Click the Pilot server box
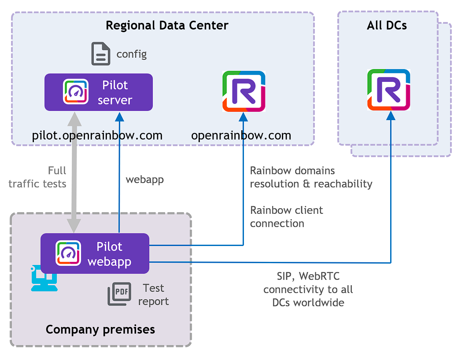click(x=99, y=92)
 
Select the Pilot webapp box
click(x=95, y=254)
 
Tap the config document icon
click(x=101, y=54)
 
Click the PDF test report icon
click(x=119, y=294)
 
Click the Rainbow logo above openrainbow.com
click(x=244, y=92)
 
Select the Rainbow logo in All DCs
click(x=389, y=90)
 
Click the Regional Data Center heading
click(x=167, y=25)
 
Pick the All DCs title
click(x=387, y=25)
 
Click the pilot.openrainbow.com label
click(x=97, y=135)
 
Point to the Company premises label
click(x=100, y=329)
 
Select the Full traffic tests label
click(x=38, y=177)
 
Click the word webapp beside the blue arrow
click(x=144, y=180)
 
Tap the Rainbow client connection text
click(x=286, y=217)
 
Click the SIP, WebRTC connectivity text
click(x=308, y=289)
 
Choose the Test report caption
click(x=153, y=294)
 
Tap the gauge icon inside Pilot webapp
click(x=68, y=253)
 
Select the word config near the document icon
click(x=132, y=55)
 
